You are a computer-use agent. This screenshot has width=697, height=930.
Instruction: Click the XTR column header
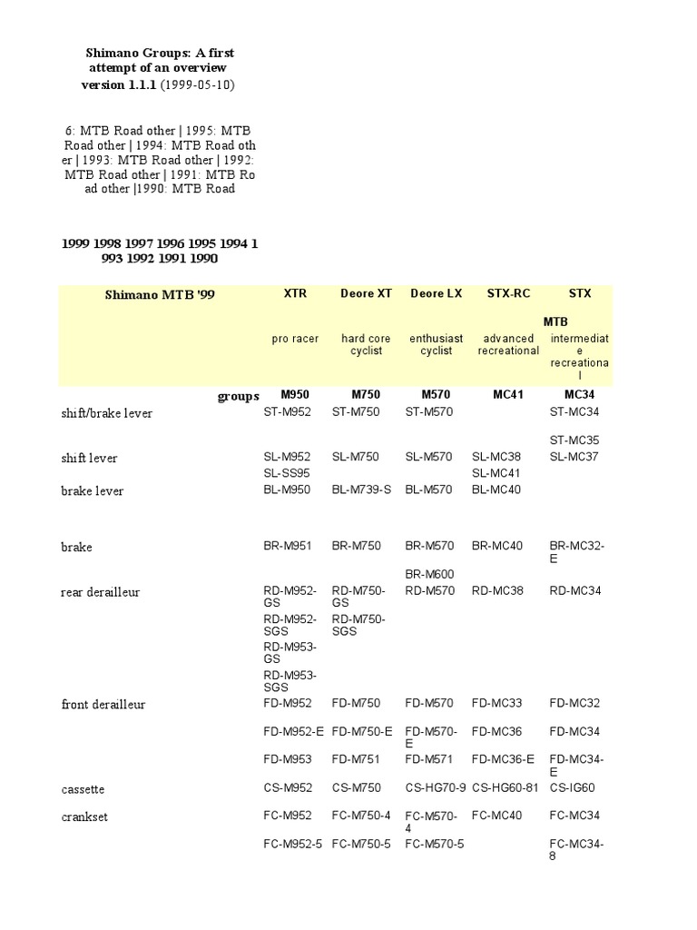[295, 293]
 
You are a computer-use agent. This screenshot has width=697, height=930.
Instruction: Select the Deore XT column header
[366, 293]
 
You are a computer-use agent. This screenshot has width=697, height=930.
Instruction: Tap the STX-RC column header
[508, 293]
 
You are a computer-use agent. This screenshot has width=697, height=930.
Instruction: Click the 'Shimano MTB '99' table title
[160, 295]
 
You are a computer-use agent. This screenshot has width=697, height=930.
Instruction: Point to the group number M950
[295, 395]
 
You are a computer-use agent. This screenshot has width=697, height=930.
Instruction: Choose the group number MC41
[508, 395]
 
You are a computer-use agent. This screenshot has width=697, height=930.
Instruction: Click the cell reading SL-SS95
[287, 473]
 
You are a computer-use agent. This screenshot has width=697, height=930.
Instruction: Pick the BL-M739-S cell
[361, 490]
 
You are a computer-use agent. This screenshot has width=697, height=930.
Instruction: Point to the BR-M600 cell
[429, 574]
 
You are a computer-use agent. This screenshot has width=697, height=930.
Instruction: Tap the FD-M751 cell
[355, 759]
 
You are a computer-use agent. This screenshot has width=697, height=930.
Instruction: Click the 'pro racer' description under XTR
[295, 339]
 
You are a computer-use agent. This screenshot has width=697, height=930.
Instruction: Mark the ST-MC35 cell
[574, 440]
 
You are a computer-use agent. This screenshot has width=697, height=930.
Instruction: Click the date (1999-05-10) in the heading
[201, 84]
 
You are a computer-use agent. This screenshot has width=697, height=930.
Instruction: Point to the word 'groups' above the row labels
[238, 396]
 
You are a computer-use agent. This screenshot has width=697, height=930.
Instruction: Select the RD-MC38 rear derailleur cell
[498, 590]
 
